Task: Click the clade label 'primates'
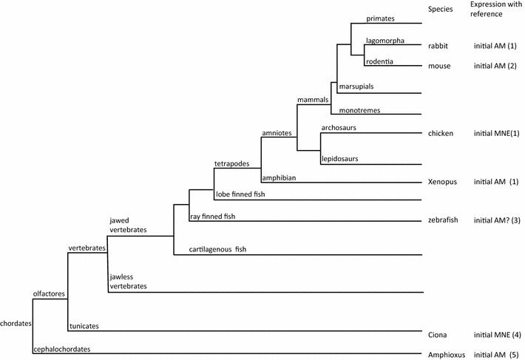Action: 382,18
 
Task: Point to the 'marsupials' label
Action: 357,87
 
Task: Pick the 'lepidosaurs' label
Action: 340,159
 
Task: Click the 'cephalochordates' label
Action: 64,349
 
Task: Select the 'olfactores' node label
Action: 50,293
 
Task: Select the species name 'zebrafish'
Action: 445,220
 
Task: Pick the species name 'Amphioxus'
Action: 447,355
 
